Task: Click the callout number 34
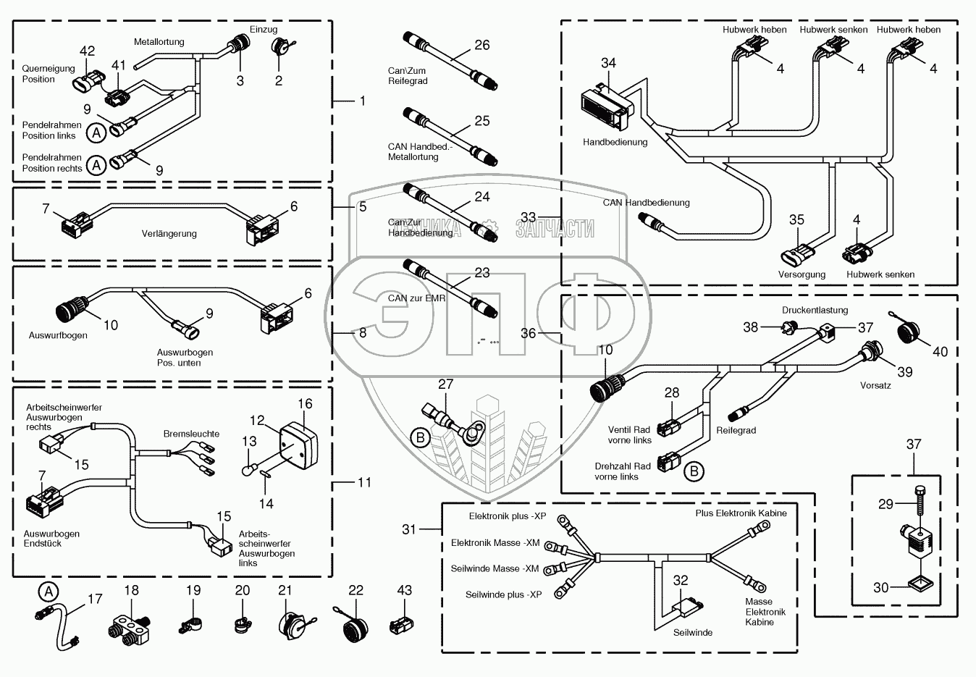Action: pyautogui.click(x=608, y=63)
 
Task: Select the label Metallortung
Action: pyautogui.click(x=159, y=42)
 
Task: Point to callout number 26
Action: pyautogui.click(x=481, y=45)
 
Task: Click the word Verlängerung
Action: pyautogui.click(x=169, y=234)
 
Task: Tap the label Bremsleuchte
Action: pyautogui.click(x=191, y=434)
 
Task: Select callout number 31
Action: pyautogui.click(x=409, y=529)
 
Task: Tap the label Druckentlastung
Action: pyautogui.click(x=815, y=311)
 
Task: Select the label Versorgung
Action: pyautogui.click(x=802, y=274)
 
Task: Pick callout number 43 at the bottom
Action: pyautogui.click(x=404, y=590)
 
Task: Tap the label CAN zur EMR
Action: pyautogui.click(x=416, y=298)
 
